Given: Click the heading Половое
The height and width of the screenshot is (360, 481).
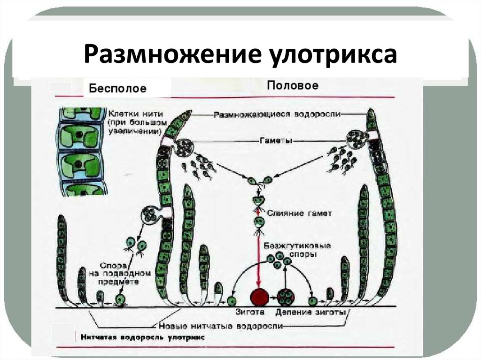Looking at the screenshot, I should [293, 85].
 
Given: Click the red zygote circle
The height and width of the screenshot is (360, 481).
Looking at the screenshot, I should [259, 298].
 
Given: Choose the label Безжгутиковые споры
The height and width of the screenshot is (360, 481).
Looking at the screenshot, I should [297, 249].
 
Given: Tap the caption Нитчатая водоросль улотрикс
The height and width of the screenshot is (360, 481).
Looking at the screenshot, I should [140, 337].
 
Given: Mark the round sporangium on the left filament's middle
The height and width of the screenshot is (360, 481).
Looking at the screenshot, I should [151, 216].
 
